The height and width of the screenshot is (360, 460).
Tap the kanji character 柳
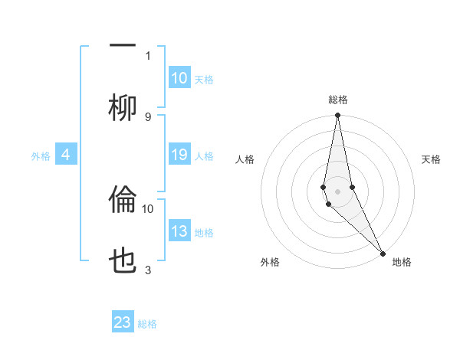(x=123, y=107)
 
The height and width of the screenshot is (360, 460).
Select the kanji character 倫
(x=123, y=201)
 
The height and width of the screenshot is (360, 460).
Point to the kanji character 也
(x=123, y=262)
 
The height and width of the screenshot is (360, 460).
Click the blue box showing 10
(x=179, y=78)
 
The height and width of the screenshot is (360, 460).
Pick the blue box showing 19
(x=179, y=155)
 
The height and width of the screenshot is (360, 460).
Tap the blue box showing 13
(x=179, y=231)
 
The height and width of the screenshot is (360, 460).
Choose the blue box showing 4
(x=66, y=155)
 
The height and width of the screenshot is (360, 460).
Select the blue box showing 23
(x=123, y=322)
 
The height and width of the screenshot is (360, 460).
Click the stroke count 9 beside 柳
(x=148, y=116)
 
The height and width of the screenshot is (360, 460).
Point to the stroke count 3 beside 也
(x=148, y=270)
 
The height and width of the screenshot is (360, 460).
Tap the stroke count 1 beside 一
(x=148, y=55)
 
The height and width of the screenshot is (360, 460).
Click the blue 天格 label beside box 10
(x=204, y=79)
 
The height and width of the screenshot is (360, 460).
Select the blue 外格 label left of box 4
(x=41, y=156)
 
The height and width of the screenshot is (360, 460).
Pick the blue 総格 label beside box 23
(x=147, y=323)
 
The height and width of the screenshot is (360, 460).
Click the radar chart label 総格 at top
(x=338, y=100)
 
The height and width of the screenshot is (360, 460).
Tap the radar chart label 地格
(x=402, y=262)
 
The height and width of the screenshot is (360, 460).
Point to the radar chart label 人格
(x=245, y=159)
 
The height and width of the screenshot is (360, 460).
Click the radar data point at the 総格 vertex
(x=337, y=116)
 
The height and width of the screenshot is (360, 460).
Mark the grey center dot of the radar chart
(x=337, y=191)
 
